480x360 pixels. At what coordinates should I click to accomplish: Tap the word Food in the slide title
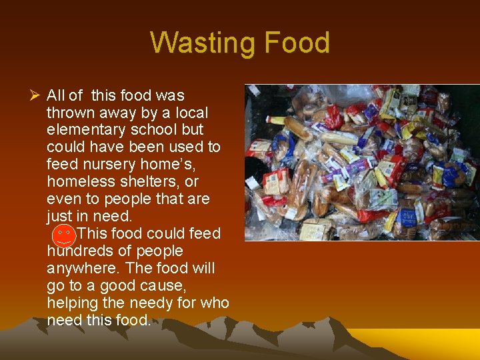[x=297, y=43]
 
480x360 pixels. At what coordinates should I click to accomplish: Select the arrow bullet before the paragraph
[x=35, y=95]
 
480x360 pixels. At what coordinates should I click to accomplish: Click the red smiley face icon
[x=64, y=235]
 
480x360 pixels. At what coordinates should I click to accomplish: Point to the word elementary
[x=83, y=130]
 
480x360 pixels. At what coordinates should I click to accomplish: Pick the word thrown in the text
[x=68, y=113]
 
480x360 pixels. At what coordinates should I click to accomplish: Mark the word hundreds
[x=77, y=251]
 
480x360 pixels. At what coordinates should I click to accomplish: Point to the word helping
[x=71, y=303]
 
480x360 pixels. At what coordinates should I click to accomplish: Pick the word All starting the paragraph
[x=55, y=95]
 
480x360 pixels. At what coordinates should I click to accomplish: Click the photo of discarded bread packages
[x=362, y=162]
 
